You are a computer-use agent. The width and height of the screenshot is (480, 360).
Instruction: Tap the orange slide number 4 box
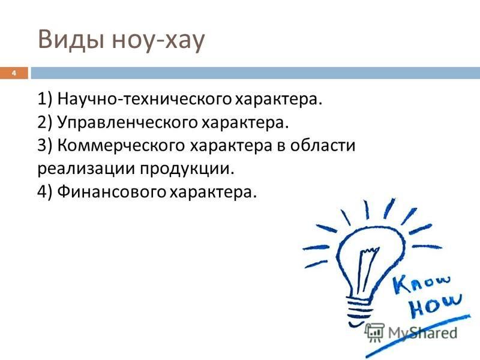tap(14, 73)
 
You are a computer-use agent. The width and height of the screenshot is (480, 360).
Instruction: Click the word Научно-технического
tap(145, 99)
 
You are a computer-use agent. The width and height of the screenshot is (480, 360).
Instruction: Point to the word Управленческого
tap(128, 123)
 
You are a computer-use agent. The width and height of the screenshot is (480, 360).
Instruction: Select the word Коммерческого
tap(121, 145)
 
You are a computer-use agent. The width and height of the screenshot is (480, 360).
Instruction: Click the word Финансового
tap(112, 191)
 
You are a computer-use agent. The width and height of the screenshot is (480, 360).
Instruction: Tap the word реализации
tap(86, 169)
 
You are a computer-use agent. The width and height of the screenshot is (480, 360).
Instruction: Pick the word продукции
tap(187, 169)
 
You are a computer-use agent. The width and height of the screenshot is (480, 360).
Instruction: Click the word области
tap(323, 145)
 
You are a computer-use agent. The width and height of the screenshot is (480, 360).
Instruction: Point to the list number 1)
tap(45, 99)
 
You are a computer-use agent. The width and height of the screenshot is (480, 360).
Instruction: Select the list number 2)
tap(45, 122)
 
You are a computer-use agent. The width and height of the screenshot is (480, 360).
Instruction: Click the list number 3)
tap(45, 145)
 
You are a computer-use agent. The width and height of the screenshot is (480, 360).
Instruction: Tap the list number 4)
tap(45, 192)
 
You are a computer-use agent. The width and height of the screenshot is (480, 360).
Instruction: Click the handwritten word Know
tap(422, 283)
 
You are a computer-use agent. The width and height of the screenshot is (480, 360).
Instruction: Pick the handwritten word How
tap(436, 305)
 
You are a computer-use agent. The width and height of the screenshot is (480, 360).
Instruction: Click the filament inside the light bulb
tap(367, 269)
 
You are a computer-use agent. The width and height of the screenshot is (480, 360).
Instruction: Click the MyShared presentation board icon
tap(374, 332)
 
